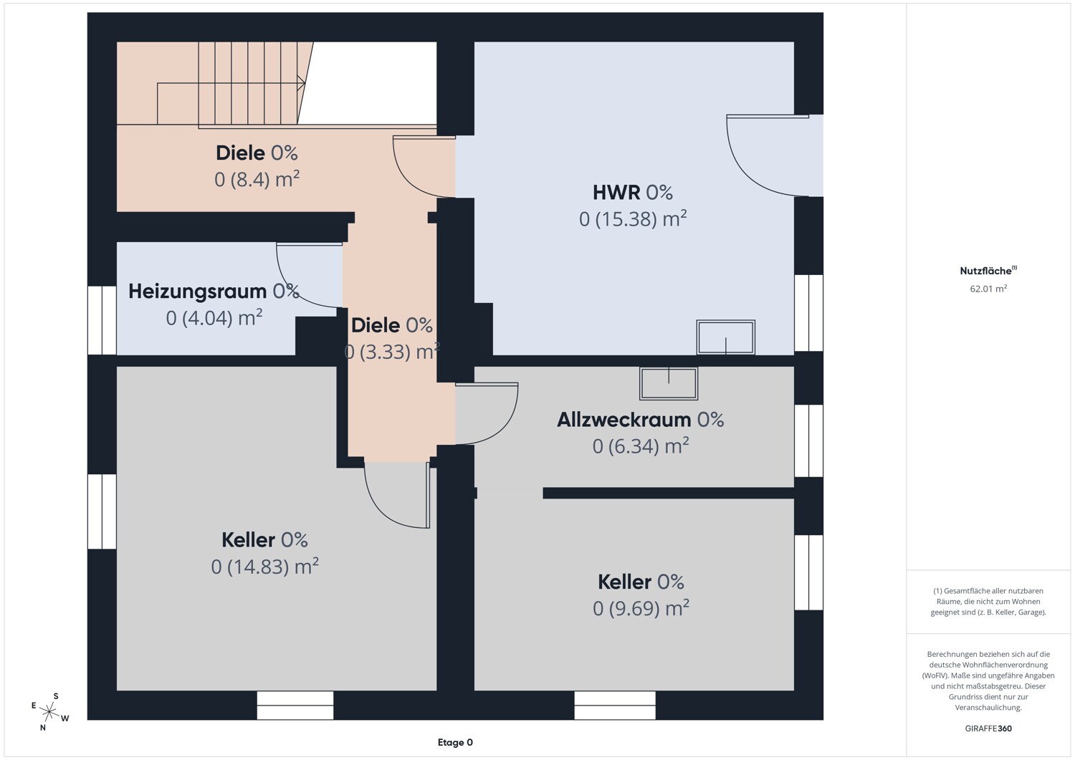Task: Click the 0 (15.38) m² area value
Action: click(x=633, y=218)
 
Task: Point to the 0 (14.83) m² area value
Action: click(x=265, y=567)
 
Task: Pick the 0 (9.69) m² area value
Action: click(x=641, y=608)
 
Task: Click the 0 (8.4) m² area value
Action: click(x=257, y=180)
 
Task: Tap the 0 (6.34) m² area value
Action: click(x=641, y=446)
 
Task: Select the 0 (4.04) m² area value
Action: click(x=214, y=318)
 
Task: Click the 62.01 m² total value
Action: click(x=988, y=289)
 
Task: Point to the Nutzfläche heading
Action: click(x=988, y=271)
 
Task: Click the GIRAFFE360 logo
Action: click(x=988, y=728)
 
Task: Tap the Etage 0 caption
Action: click(x=455, y=742)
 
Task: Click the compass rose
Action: click(x=49, y=711)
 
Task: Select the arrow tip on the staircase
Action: click(x=305, y=84)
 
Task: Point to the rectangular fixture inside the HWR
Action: click(x=725, y=337)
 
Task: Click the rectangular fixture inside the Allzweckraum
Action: click(x=668, y=383)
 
